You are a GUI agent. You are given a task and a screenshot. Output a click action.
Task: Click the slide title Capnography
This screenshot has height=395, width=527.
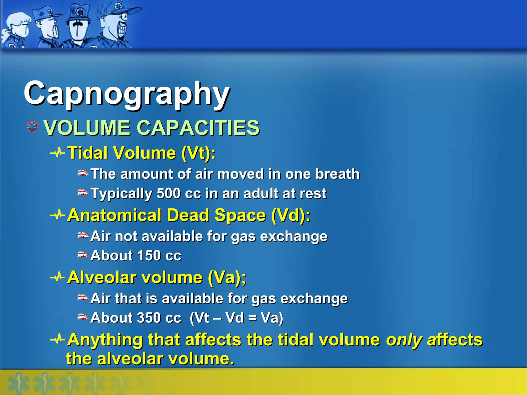pyautogui.click(x=127, y=94)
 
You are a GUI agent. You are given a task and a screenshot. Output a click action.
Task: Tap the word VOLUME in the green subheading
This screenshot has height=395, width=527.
pyautogui.click(x=87, y=128)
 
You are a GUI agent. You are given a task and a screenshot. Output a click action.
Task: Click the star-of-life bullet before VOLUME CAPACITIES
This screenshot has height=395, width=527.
pyautogui.click(x=32, y=127)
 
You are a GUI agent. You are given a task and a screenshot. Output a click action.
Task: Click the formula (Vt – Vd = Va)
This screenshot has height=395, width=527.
pyautogui.click(x=236, y=318)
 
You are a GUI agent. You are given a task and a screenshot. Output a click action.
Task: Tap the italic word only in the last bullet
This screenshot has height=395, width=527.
pyautogui.click(x=404, y=340)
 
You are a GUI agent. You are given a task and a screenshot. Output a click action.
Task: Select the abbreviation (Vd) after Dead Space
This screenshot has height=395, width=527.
pyautogui.click(x=291, y=215)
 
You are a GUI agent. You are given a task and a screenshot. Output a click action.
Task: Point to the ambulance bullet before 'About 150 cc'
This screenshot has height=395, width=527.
pyautogui.click(x=83, y=255)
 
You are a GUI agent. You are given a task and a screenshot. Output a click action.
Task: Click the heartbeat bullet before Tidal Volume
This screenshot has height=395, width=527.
pyautogui.click(x=57, y=153)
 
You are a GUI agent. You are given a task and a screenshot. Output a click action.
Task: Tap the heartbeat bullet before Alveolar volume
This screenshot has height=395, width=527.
pyautogui.click(x=57, y=277)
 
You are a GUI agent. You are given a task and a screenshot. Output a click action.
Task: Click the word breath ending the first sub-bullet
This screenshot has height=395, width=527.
pyautogui.click(x=337, y=174)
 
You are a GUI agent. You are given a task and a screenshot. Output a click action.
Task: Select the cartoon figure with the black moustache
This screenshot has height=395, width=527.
pyautogui.click(x=78, y=26)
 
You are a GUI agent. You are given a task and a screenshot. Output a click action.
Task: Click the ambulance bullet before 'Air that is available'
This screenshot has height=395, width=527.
pyautogui.click(x=83, y=298)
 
